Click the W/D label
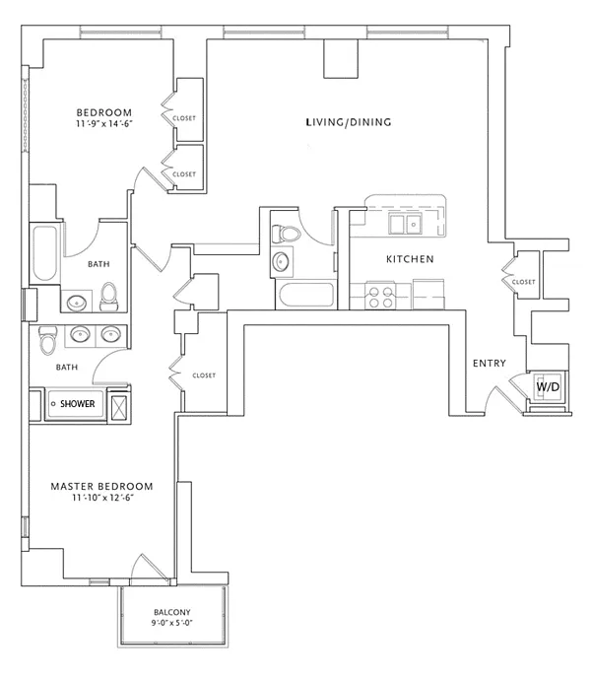click(x=548, y=386)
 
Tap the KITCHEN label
click(x=410, y=259)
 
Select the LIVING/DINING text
click(x=349, y=122)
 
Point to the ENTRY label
click(x=490, y=363)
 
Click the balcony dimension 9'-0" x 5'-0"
click(x=171, y=623)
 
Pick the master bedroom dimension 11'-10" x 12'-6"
click(x=102, y=498)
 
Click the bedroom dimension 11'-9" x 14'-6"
click(x=104, y=123)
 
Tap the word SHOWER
click(x=77, y=404)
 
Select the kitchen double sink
click(x=405, y=224)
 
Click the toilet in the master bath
click(x=47, y=340)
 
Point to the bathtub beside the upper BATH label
click(x=44, y=253)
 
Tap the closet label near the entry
click(x=523, y=282)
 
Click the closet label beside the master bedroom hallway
click(x=204, y=375)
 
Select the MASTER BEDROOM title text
click(x=101, y=487)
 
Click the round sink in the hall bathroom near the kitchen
click(x=282, y=262)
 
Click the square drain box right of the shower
click(x=119, y=407)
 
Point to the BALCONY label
click(x=172, y=612)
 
